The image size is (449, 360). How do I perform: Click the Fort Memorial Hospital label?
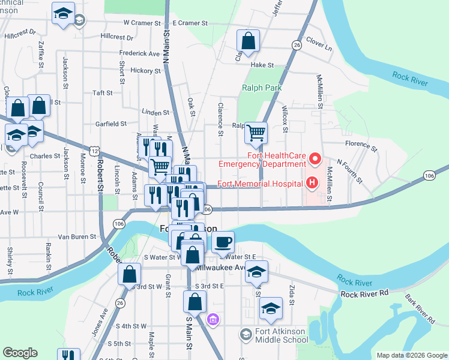tap(259, 184)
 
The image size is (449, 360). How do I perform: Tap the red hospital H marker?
tap(312, 184)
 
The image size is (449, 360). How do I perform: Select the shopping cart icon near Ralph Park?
tap(256, 133)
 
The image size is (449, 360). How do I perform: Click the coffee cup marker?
tap(223, 242)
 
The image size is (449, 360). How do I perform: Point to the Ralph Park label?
tap(262, 88)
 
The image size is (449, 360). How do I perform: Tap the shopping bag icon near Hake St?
tap(248, 41)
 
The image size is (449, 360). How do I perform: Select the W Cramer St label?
tap(143, 23)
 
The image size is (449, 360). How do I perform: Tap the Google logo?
tap(20, 353)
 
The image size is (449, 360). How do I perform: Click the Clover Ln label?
tap(319, 44)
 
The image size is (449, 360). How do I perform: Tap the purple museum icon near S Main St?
tap(213, 319)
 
